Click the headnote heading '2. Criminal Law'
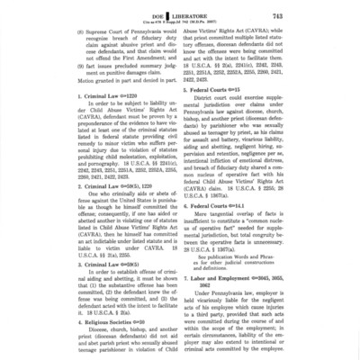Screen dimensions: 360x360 pos(73,186)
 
